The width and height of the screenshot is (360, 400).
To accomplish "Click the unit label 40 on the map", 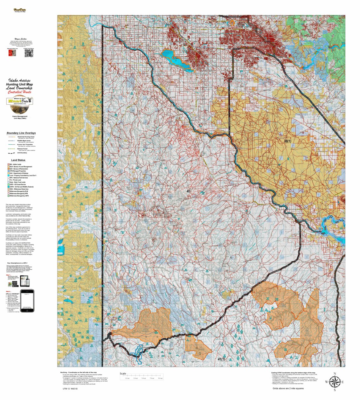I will (x=189, y=191).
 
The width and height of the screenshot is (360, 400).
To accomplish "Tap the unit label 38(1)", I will (x=287, y=141).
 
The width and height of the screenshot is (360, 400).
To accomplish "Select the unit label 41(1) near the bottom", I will (x=221, y=359).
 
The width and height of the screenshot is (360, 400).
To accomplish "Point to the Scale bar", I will (x=141, y=377).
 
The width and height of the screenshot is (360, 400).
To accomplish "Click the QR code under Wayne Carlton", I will (x=29, y=53).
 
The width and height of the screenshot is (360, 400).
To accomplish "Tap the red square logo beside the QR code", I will (x=12, y=53).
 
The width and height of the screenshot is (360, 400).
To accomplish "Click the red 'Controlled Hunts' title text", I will (x=19, y=92).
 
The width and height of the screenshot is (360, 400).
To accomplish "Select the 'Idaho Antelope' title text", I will (x=19, y=80).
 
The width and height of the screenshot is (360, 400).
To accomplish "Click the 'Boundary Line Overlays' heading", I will (x=21, y=133).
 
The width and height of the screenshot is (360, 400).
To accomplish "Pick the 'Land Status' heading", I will (x=18, y=160).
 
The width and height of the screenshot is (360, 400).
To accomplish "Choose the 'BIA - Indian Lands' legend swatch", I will (x=8, y=164).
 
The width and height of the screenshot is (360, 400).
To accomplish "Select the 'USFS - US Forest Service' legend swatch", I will (x=8, y=184).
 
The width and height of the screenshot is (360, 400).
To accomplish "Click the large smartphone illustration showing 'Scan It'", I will (x=27, y=300).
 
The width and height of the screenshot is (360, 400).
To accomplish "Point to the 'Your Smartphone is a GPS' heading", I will (x=19, y=263).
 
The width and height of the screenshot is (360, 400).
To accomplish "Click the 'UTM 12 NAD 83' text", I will (x=70, y=389).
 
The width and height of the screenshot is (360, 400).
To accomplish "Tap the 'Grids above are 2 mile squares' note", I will (x=288, y=389).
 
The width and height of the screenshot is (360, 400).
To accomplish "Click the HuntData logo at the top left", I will (x=20, y=11).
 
